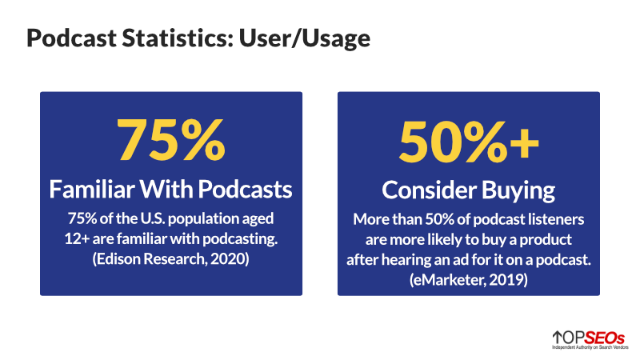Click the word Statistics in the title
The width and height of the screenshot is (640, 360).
tap(162, 38)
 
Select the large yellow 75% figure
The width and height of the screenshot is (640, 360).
tap(170, 140)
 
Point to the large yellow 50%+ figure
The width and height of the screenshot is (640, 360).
tap(468, 140)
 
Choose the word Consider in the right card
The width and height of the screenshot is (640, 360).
tap(422, 190)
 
